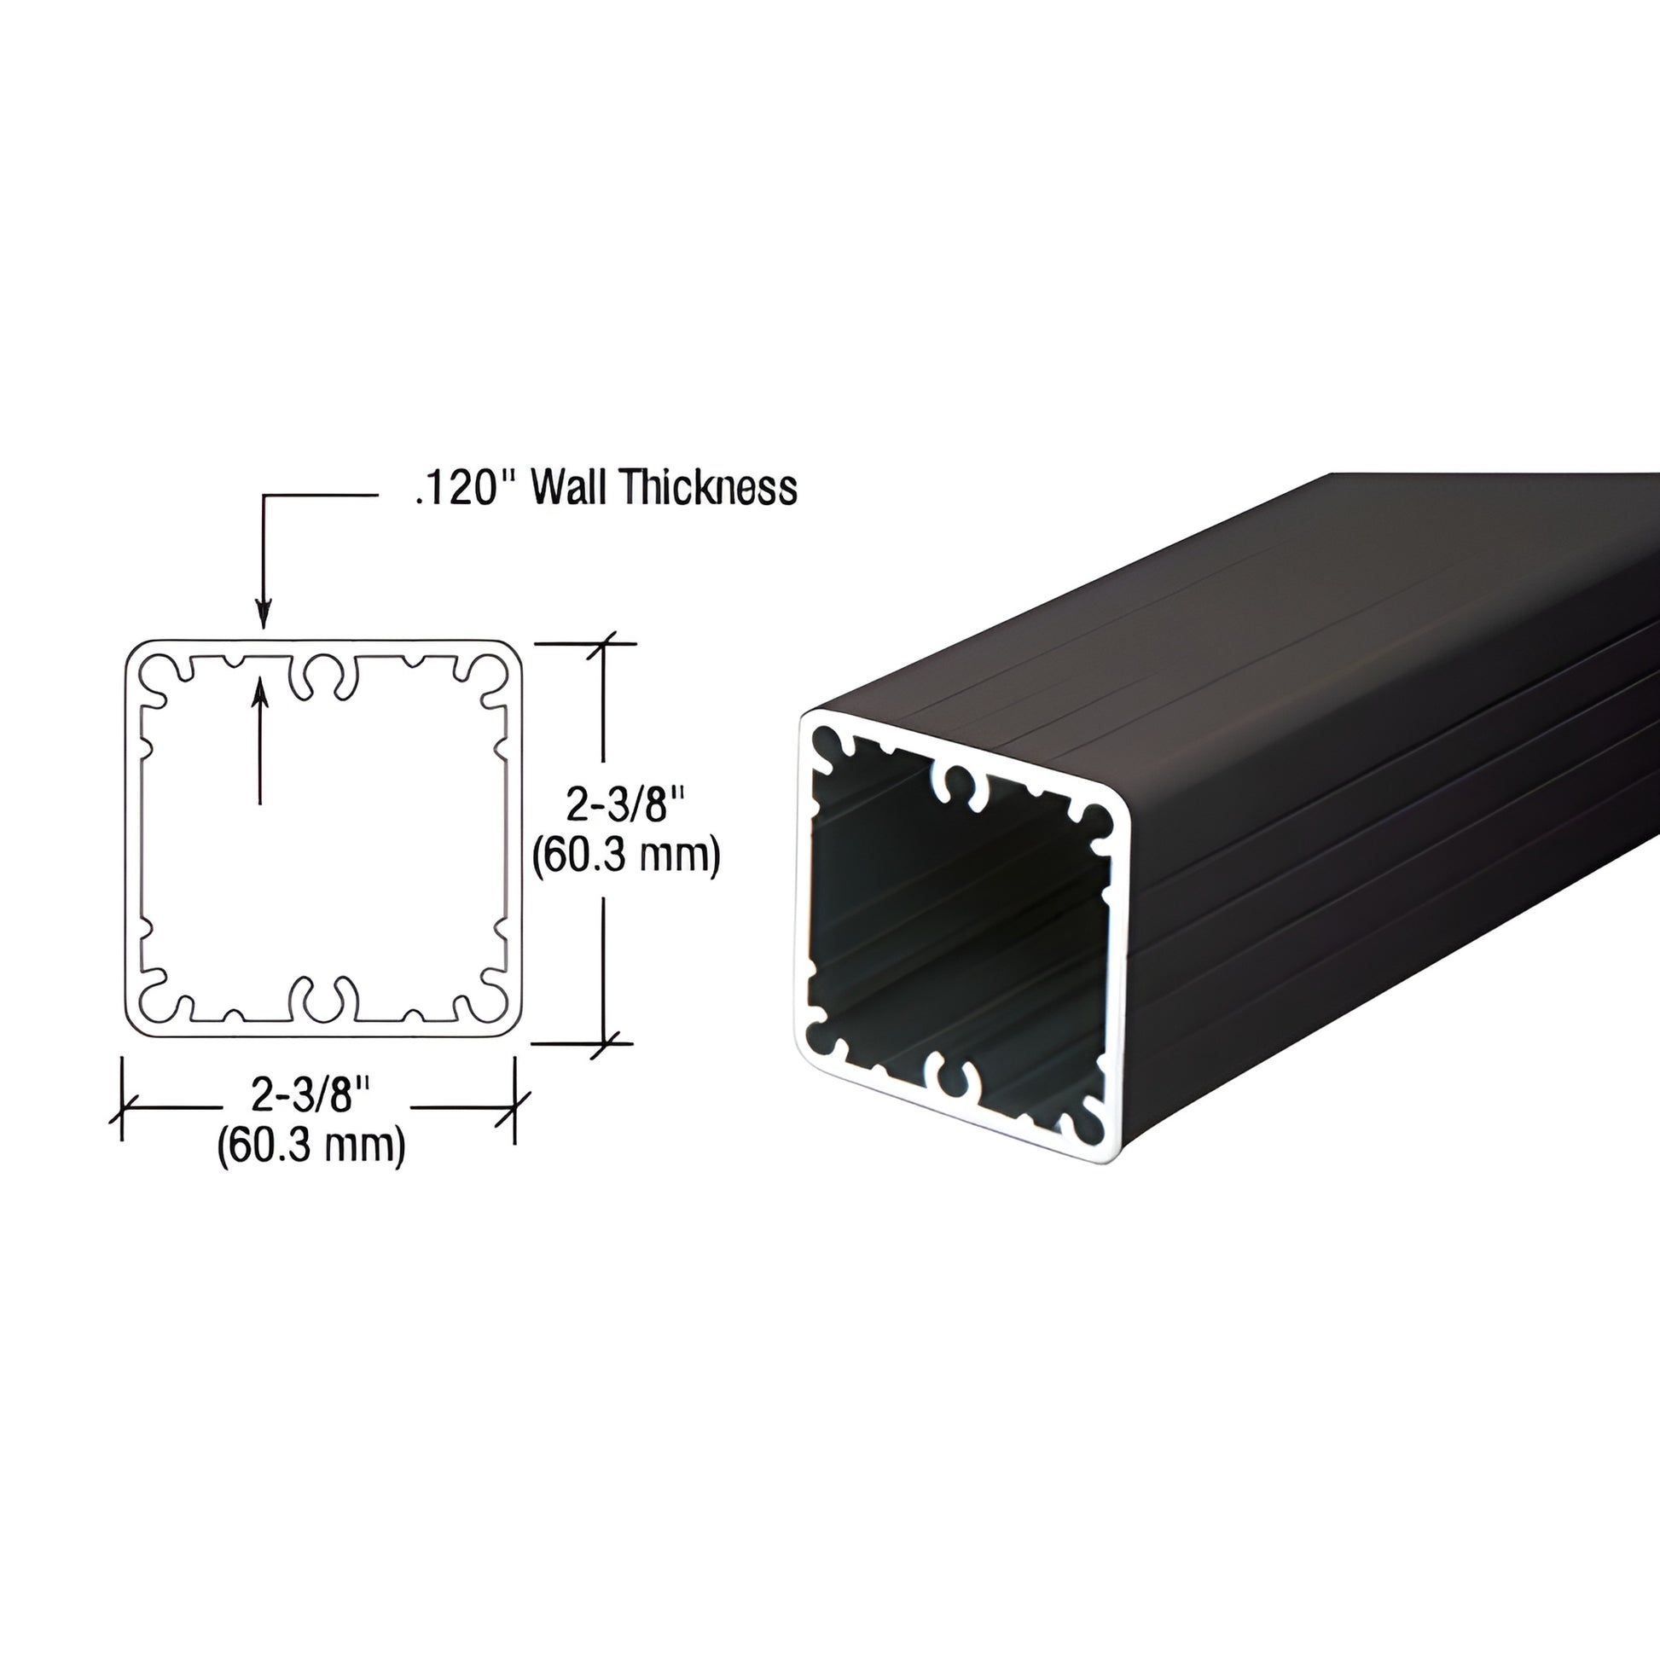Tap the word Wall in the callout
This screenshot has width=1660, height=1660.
567,488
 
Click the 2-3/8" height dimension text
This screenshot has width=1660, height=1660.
624,806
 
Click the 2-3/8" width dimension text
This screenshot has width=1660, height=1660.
311,1094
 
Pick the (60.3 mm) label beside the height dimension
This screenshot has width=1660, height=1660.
624,856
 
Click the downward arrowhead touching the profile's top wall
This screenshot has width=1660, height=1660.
264,617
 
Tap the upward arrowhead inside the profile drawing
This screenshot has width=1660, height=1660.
259,693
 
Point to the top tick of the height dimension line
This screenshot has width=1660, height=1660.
606,642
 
